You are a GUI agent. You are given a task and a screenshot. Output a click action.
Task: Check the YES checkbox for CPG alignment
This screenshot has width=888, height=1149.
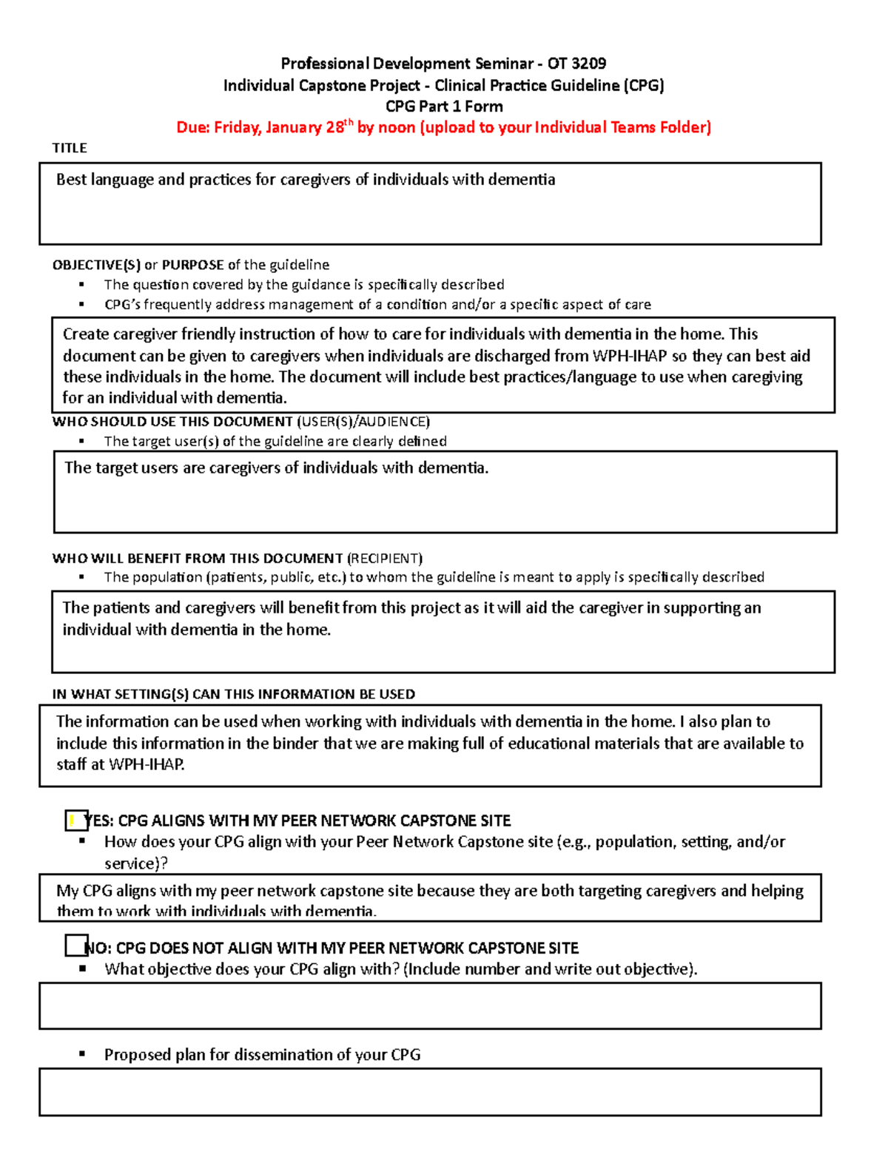click(x=76, y=820)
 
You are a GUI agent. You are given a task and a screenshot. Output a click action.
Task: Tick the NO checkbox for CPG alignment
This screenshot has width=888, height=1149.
click(x=76, y=946)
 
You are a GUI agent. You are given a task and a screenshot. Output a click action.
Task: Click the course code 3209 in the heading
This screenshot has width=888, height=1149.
click(x=588, y=64)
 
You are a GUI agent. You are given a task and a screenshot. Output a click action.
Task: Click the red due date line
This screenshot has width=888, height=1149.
click(x=443, y=127)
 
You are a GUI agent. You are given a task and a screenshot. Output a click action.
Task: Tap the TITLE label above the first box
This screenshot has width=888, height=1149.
click(x=70, y=148)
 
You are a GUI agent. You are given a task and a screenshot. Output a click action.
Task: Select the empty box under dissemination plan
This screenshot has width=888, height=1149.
click(x=430, y=1091)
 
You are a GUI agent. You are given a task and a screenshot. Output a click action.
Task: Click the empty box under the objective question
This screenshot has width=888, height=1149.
click(x=430, y=1005)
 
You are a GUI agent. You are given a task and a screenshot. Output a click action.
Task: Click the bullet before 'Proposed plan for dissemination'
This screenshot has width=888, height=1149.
click(x=82, y=1054)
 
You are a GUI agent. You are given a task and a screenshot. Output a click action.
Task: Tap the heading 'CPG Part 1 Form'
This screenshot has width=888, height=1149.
click(x=444, y=107)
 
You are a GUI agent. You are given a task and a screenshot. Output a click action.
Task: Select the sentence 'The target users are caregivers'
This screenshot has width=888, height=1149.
click(x=276, y=468)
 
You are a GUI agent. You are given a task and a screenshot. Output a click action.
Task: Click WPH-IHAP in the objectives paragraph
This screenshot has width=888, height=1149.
click(x=630, y=356)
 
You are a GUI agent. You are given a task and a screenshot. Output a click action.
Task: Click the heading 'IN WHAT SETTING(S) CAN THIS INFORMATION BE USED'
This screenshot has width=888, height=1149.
click(x=233, y=694)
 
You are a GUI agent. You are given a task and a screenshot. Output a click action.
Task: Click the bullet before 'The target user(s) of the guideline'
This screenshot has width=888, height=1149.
click(x=82, y=441)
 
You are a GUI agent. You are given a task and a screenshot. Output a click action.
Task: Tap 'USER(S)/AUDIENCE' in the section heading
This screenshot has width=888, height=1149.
click(x=363, y=422)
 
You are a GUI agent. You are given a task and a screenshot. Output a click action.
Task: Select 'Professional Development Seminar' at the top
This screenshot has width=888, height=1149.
click(x=375, y=64)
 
